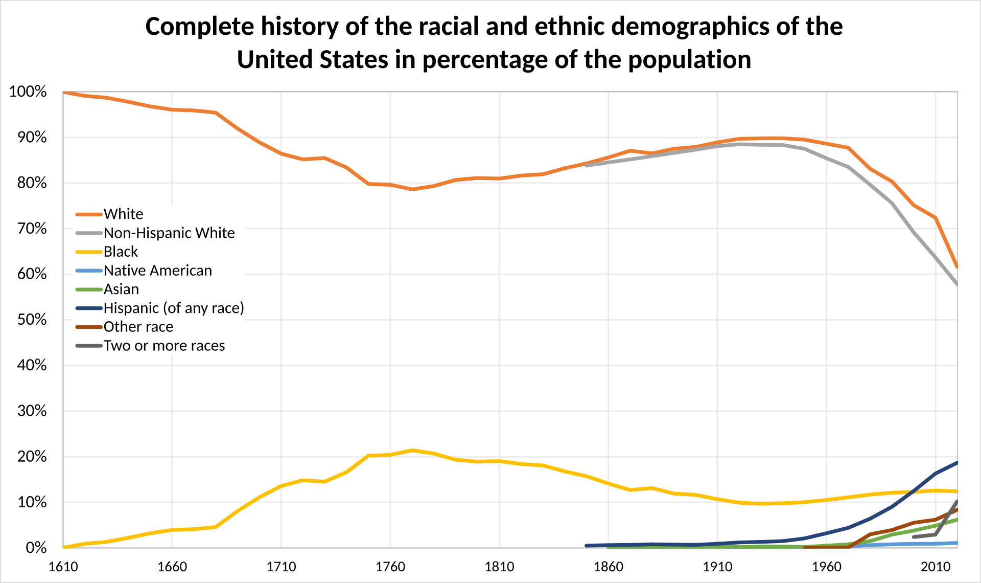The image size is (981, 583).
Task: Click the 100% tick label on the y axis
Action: [28, 92]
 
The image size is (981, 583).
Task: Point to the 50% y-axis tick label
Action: [32, 320]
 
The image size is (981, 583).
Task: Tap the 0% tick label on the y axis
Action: [36, 548]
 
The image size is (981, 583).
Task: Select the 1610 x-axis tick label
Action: [63, 567]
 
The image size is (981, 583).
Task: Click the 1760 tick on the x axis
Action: [390, 567]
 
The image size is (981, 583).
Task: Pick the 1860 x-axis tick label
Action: [609, 567]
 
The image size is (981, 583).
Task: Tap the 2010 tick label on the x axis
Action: [936, 567]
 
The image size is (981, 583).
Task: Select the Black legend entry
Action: [121, 252]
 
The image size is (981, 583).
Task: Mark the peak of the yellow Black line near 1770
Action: [412, 451]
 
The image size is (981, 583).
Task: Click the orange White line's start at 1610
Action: [63, 93]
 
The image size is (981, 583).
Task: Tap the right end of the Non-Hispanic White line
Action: [956, 284]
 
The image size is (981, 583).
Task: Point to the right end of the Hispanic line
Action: [956, 463]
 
